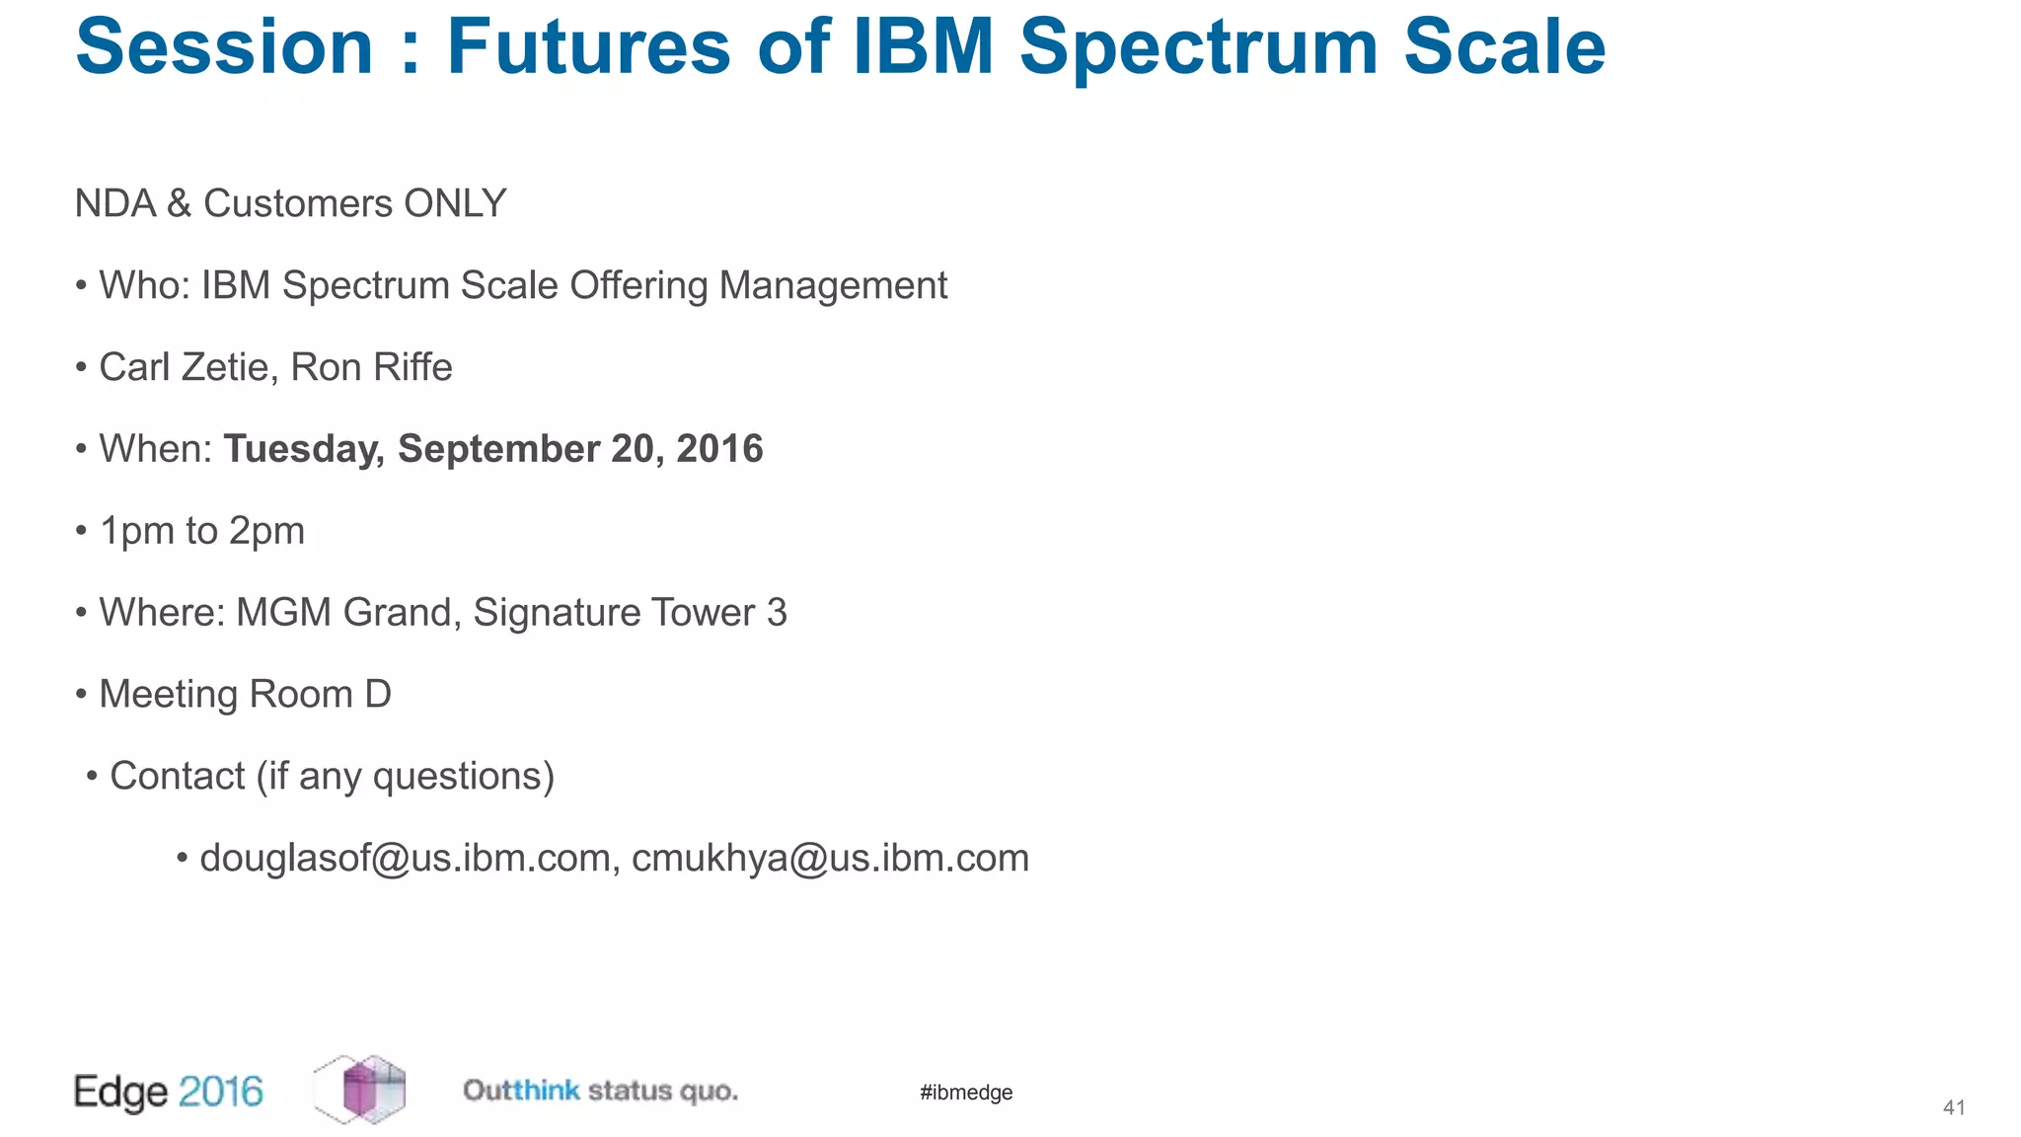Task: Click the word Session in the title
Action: point(224,47)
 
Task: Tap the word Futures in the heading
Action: point(588,47)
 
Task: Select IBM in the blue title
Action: point(923,47)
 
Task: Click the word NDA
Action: point(115,203)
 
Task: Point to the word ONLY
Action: point(455,203)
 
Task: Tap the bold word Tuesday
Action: point(303,449)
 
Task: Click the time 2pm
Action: point(266,531)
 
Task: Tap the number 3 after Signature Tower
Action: point(777,613)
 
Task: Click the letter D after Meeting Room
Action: point(378,695)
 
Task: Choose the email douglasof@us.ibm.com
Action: point(405,859)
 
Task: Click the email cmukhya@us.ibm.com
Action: point(830,859)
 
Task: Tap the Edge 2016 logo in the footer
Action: point(169,1092)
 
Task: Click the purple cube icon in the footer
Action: point(361,1090)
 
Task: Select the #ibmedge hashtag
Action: point(966,1093)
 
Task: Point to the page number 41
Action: point(1954,1108)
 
